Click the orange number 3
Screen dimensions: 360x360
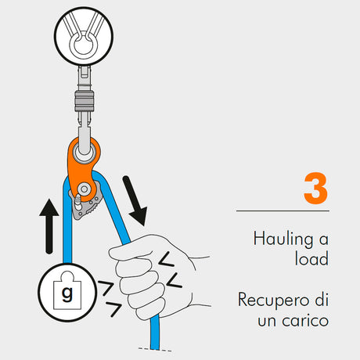point(315,188)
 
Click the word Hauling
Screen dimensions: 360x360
point(283,239)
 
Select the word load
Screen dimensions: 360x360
point(311,258)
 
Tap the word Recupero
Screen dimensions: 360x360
point(274,301)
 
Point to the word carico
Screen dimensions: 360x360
point(305,321)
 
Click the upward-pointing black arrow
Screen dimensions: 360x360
point(49,226)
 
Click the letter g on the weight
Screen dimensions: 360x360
point(67,294)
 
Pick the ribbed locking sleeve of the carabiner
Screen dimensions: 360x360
point(84,101)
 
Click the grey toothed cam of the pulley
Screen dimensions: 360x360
point(85,202)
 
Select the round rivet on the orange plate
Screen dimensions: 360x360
point(84,189)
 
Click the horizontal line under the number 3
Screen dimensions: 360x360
point(283,211)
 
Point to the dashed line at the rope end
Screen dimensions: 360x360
point(155,350)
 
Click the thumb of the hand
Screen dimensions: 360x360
point(131,252)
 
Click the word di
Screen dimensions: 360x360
point(322,299)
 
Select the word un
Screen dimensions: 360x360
point(267,322)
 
